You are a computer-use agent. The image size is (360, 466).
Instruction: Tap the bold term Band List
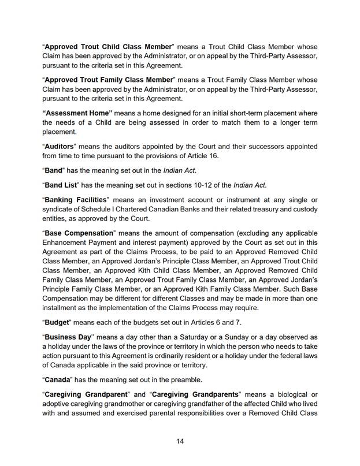63,184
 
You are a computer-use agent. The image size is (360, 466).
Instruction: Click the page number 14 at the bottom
180,441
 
